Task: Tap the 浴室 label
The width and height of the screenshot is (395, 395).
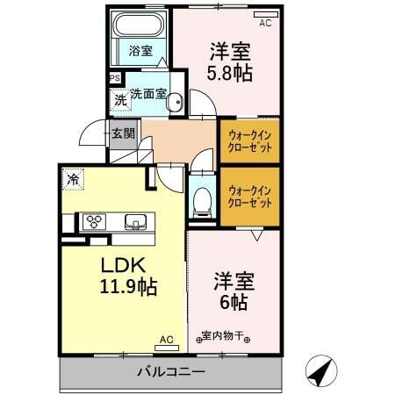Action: pos(140,51)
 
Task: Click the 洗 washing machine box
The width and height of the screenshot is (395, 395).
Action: pos(119,99)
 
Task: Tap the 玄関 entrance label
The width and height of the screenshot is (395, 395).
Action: pos(123,133)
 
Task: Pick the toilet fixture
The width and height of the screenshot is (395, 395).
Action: pos(201,200)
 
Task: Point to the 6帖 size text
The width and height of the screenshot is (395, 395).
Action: pos(233,303)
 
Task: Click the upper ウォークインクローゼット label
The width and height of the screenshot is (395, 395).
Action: pos(249,141)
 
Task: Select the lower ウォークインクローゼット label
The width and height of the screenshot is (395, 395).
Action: pos(249,196)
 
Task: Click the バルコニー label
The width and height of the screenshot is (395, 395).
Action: pos(171,372)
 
